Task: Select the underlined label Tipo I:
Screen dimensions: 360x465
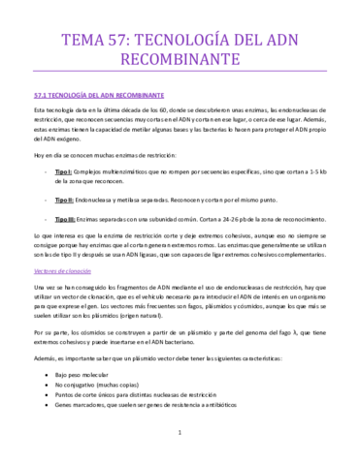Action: pos(70,144)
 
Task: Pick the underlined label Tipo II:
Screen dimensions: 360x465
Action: pos(71,172)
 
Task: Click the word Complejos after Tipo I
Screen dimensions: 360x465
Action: pos(101,144)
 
